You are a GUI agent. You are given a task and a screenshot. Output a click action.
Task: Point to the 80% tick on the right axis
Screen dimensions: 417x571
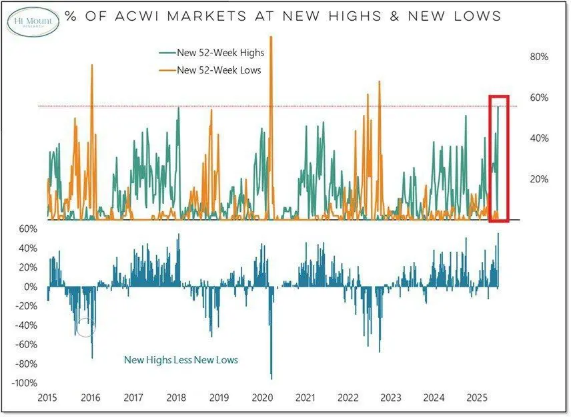(538, 57)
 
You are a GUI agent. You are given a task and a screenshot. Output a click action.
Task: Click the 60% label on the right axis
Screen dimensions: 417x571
(538, 98)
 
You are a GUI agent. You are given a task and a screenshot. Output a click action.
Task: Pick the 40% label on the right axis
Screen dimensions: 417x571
(538, 138)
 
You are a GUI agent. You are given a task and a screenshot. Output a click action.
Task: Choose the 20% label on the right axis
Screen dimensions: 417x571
(538, 179)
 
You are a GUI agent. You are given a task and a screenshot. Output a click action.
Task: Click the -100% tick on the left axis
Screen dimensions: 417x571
(25, 383)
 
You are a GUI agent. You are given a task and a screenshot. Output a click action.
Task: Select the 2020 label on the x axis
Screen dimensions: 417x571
(262, 398)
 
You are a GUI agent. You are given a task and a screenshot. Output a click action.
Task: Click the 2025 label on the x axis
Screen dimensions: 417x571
(478, 398)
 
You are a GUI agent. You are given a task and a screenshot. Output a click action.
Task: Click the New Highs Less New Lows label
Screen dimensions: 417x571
(181, 360)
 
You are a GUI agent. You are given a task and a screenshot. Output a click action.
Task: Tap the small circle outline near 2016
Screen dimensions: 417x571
(86, 327)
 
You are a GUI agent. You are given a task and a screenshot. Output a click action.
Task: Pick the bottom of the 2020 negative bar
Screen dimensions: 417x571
(271, 378)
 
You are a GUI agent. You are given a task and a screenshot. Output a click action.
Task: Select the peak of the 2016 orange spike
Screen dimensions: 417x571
(92, 65)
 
